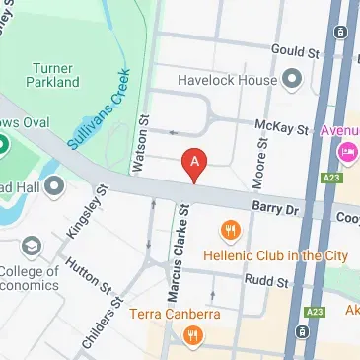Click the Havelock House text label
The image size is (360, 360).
click(x=226, y=78)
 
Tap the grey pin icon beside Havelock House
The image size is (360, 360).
click(x=292, y=77)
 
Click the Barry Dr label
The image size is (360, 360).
click(x=275, y=209)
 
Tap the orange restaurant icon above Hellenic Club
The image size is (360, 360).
click(x=230, y=231)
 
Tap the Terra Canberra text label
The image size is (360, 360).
click(x=174, y=317)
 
